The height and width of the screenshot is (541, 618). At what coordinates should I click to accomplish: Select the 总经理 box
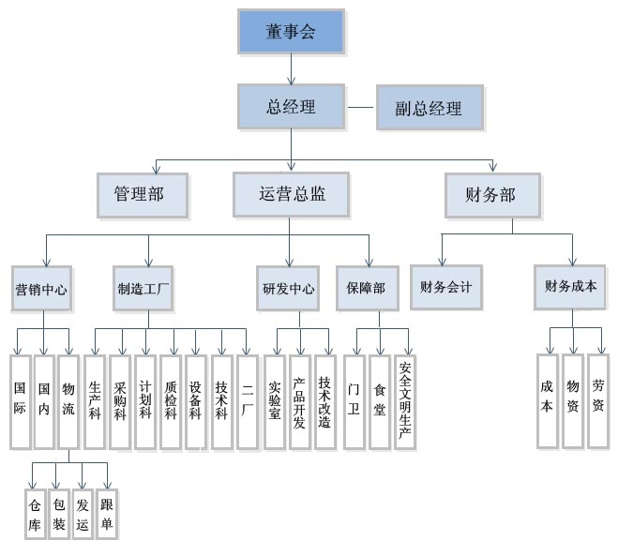tap(290, 106)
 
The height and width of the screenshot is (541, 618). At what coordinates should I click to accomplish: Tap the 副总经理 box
tap(420, 109)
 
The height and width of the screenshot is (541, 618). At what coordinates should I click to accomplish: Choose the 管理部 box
tap(143, 196)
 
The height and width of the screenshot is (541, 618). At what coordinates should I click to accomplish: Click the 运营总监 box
tap(290, 195)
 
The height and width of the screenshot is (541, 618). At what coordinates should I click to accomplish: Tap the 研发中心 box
tap(288, 288)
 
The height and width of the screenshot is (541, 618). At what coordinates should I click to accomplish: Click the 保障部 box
tap(366, 288)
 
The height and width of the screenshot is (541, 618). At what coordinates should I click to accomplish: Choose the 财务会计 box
tap(446, 287)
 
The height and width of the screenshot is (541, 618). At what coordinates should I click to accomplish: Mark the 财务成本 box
tap(570, 287)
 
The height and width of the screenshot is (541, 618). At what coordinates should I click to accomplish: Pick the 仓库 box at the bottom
tap(35, 513)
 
